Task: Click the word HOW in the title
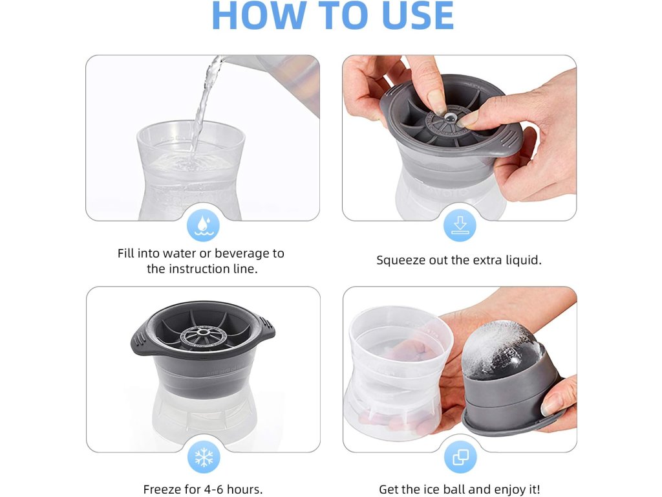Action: [259, 16]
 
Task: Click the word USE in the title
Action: [418, 16]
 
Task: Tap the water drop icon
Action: [203, 225]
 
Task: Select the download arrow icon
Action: [460, 225]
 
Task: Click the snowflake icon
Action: [204, 457]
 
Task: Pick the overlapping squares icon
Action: [460, 457]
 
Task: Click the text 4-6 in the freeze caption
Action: [213, 489]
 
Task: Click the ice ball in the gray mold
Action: [502, 350]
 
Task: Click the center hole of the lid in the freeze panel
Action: [204, 332]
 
